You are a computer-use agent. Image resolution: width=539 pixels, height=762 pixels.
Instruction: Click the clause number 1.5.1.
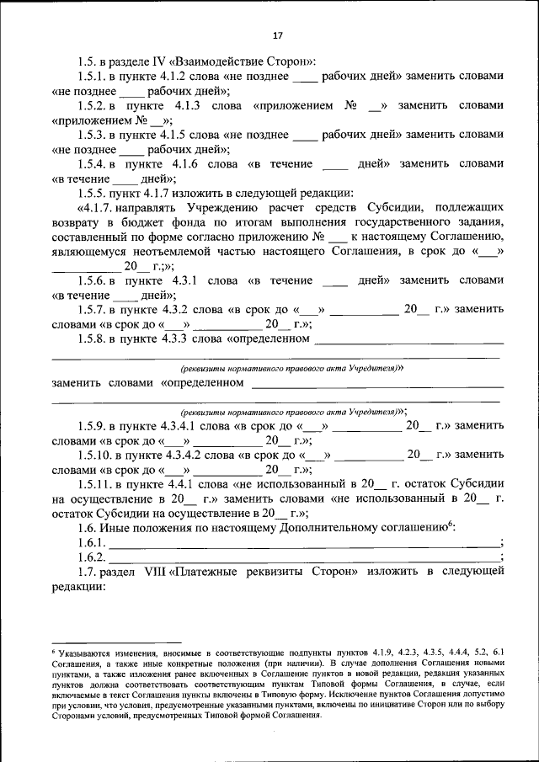point(93,76)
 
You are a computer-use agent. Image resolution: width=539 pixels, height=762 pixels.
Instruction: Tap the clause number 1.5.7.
point(93,310)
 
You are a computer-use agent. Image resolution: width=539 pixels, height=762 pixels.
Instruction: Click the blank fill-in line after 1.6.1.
point(303,546)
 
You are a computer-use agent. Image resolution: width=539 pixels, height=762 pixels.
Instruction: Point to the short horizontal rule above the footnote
point(93,642)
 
